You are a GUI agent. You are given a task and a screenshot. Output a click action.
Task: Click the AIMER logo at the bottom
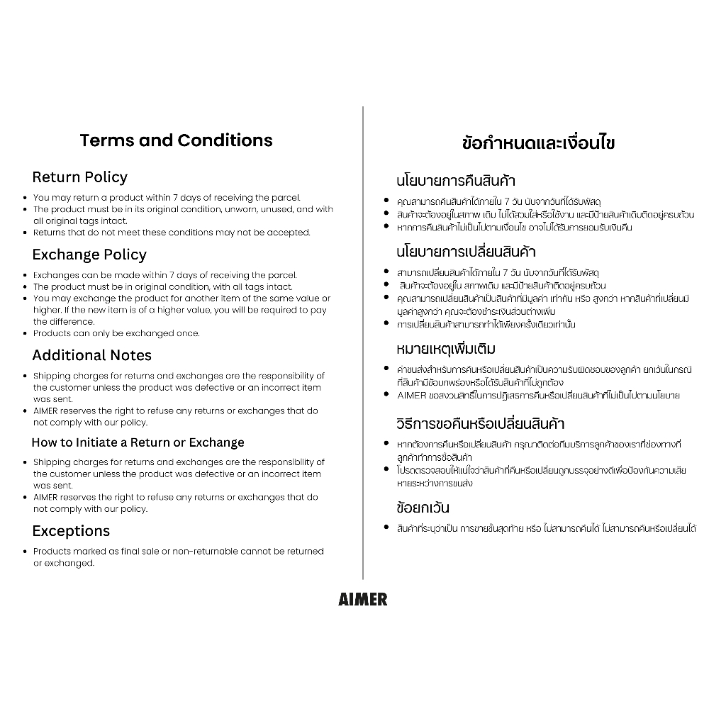point(363,600)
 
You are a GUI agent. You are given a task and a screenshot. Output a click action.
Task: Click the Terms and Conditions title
point(176,140)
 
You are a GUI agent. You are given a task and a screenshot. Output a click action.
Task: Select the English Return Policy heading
point(80,177)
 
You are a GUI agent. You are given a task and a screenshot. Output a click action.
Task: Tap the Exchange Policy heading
point(89,255)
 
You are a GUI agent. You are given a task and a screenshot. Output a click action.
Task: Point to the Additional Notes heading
point(92,355)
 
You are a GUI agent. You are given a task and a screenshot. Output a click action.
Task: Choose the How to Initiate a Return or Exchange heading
point(138,442)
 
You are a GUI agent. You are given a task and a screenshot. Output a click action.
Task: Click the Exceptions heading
point(71,531)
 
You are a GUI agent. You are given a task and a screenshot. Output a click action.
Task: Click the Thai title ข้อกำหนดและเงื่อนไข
point(538,143)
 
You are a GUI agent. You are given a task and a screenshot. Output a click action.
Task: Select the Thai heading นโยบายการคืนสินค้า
point(456,181)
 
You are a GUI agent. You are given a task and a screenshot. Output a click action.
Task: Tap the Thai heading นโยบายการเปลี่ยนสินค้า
point(466,252)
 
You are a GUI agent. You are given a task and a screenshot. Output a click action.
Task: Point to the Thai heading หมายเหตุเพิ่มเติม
point(446,349)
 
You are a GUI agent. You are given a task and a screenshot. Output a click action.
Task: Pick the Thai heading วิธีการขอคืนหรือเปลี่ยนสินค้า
point(480,424)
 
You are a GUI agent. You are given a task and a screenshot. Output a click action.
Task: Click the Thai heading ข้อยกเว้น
point(423,508)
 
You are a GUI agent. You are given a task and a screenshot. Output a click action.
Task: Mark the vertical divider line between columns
point(363,340)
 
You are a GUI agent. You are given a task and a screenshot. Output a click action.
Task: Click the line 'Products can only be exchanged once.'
point(116,333)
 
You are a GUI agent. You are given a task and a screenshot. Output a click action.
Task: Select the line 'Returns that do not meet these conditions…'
point(172,233)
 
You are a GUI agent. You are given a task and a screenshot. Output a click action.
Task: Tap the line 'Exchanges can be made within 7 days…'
point(164,275)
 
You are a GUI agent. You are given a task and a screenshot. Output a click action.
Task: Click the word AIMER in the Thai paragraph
point(412,396)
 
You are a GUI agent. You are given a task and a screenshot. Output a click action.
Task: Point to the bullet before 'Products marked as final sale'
point(25,552)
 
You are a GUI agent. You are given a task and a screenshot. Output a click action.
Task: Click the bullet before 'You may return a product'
point(25,198)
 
